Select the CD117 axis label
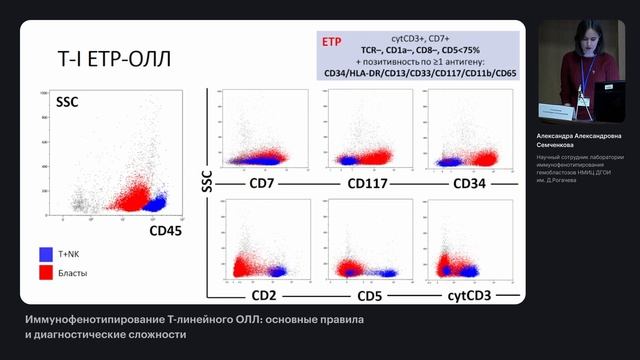[367, 184]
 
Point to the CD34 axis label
[470, 184]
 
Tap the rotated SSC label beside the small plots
[207, 180]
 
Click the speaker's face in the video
[581, 41]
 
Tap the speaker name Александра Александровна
[585, 135]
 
